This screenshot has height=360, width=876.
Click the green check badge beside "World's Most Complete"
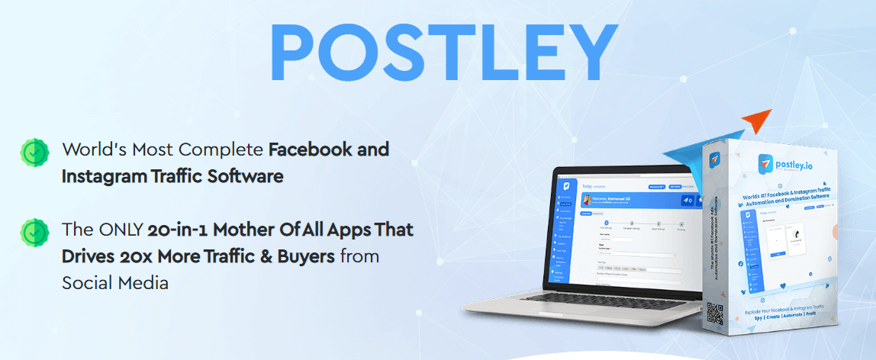click(34, 152)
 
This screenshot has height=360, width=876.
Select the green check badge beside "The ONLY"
click(34, 231)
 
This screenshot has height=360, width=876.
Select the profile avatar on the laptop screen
click(588, 200)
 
